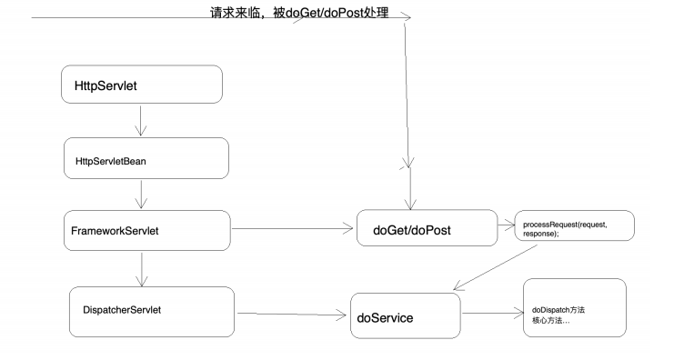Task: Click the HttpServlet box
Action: tap(142, 85)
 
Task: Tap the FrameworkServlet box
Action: tap(146, 231)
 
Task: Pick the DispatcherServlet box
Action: tap(152, 309)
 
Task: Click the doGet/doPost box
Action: tap(426, 231)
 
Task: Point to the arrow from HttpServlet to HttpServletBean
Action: tap(141, 120)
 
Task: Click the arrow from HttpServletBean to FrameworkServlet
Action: tap(141, 195)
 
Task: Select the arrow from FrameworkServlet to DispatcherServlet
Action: tap(141, 269)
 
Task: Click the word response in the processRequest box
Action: tap(540, 235)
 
